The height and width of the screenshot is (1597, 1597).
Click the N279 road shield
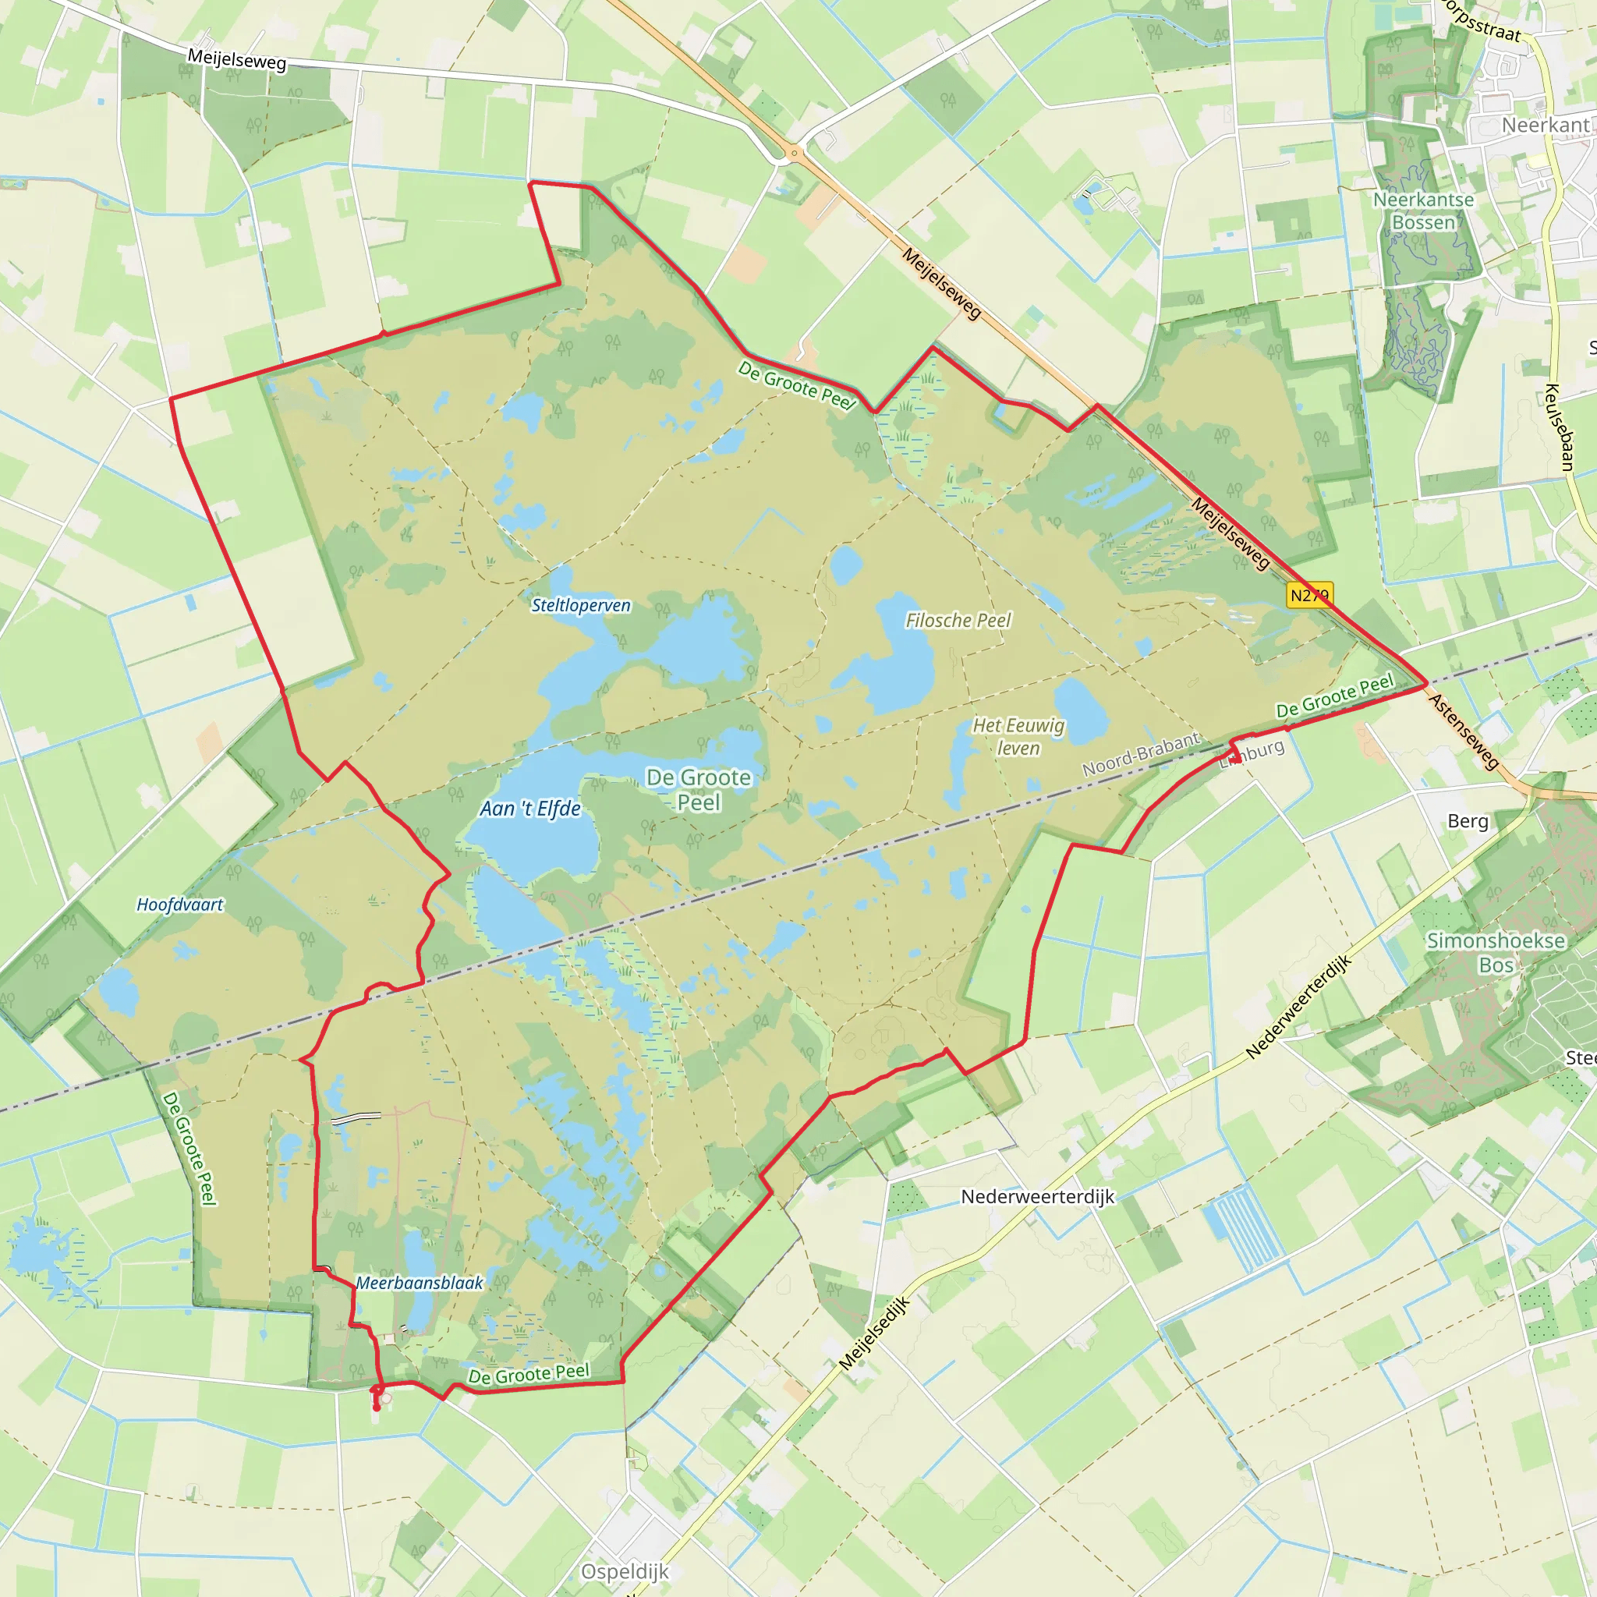pos(1309,594)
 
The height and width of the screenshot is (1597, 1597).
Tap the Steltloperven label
pos(580,605)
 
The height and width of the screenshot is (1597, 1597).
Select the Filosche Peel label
pos(958,620)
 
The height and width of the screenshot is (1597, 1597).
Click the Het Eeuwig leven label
pos(1018,736)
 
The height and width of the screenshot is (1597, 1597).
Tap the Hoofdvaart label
pos(179,905)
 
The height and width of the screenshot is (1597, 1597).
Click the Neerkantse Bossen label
pos(1423,211)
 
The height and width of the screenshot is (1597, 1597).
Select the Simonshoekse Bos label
pos(1496,952)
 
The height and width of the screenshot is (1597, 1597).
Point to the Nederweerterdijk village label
pos(1037,1196)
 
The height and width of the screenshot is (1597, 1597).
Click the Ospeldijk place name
pos(625,1571)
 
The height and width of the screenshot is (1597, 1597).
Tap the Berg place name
pos(1468,821)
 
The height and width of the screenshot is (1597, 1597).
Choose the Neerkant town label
pos(1545,125)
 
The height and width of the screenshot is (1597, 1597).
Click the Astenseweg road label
pos(1464,731)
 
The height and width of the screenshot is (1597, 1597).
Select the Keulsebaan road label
pos(1560,427)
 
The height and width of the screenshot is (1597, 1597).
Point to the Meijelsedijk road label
pos(875,1333)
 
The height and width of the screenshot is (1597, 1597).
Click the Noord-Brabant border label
pos(1141,754)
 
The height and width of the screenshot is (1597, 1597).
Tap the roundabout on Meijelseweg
pos(794,153)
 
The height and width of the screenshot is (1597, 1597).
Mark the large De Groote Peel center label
pos(699,789)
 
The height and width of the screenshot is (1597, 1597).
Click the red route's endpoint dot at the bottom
pos(377,1407)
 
